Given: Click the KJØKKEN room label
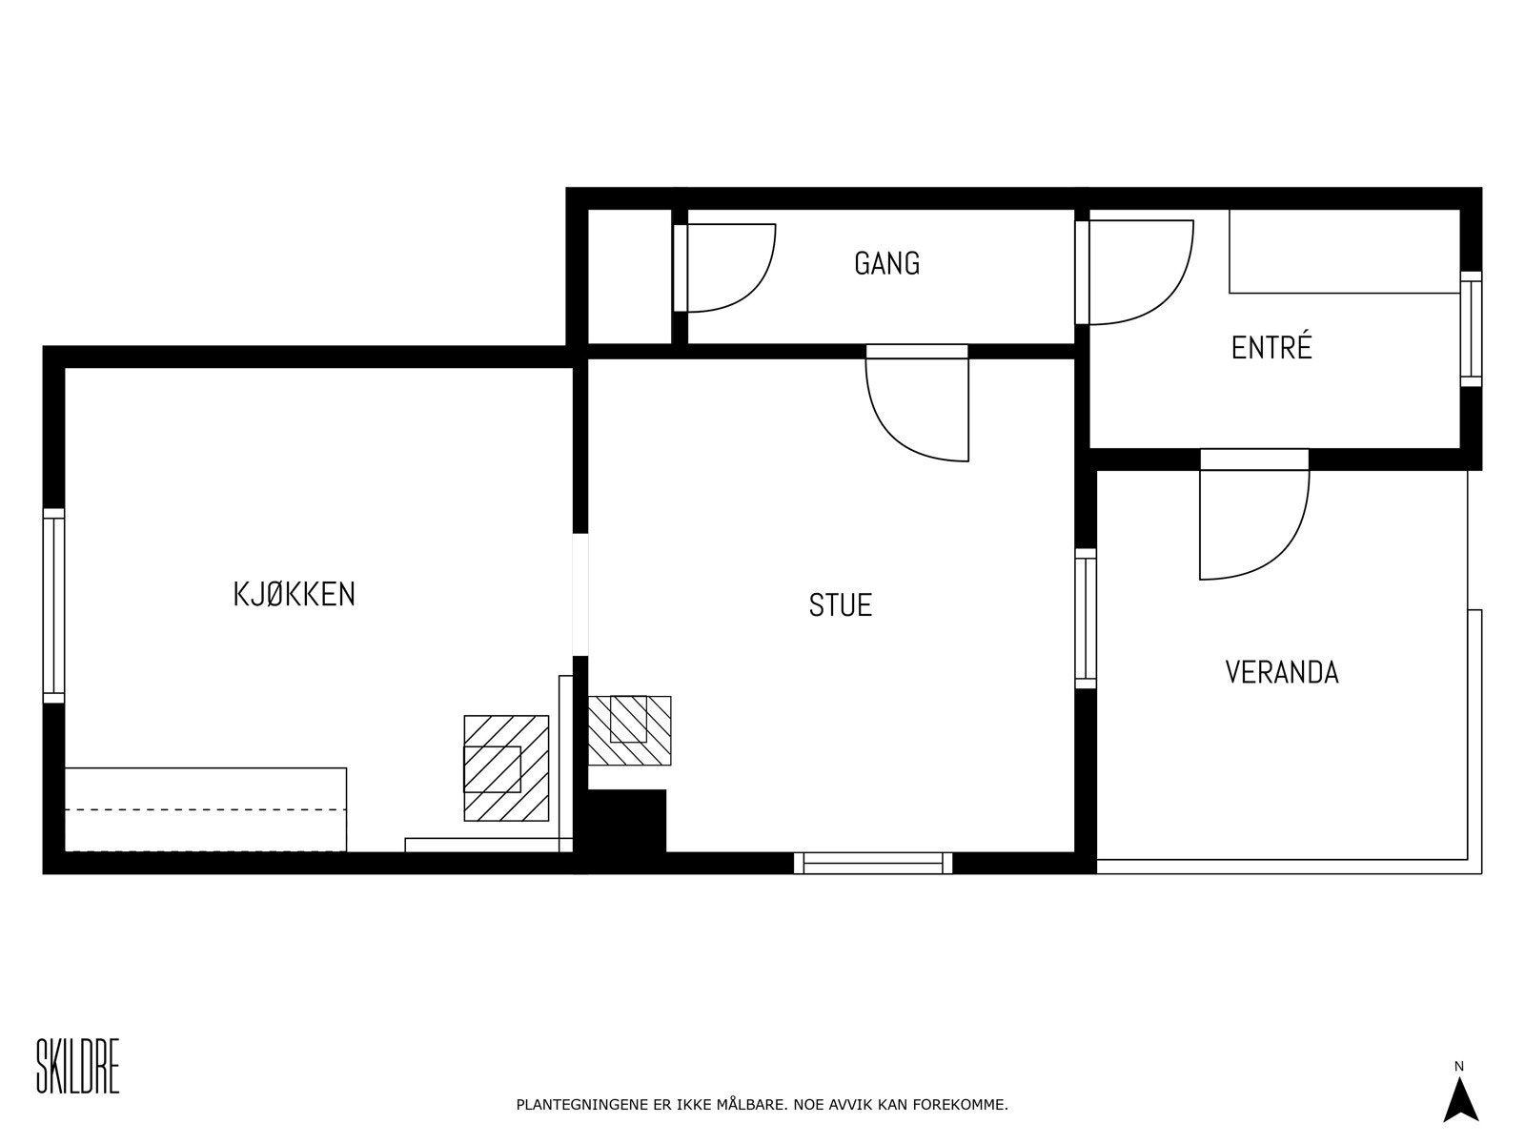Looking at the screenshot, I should [295, 594].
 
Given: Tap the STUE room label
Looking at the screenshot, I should [840, 605].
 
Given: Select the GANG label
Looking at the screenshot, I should [886, 263].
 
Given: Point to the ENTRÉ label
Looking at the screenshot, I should [1271, 347].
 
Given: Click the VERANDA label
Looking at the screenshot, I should [1281, 672].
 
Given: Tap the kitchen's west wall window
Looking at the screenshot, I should [53, 606].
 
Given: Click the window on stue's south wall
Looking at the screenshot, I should [873, 863].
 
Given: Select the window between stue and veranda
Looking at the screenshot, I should [1085, 618].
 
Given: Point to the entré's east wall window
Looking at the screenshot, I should [1472, 329].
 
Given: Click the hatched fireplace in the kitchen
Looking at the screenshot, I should [506, 767].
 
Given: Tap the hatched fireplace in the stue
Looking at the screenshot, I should [629, 730].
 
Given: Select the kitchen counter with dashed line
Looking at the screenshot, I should [205, 809].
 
